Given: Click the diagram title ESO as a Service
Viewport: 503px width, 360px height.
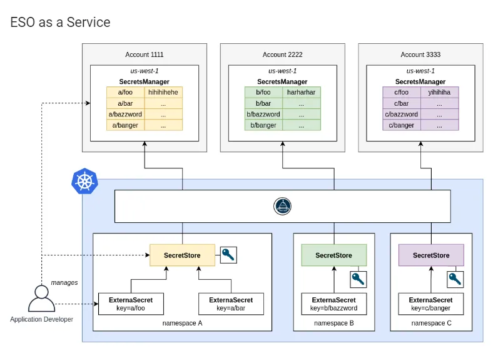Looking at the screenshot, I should point(60,23).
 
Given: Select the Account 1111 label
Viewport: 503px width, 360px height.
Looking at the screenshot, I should point(145,54).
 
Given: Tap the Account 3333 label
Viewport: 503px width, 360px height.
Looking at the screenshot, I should point(420,54).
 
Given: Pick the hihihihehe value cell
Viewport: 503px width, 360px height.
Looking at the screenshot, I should point(163,92).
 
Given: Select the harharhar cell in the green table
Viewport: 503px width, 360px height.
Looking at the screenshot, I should point(301,92).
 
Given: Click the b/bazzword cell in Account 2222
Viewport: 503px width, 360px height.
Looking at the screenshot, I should point(263,115).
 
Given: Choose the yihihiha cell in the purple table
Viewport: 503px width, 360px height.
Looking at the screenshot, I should point(439,92).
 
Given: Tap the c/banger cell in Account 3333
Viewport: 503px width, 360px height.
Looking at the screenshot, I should point(402,125).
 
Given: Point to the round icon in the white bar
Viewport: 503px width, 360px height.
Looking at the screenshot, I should point(283,206).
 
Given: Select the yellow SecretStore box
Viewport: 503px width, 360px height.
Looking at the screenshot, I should point(182,255).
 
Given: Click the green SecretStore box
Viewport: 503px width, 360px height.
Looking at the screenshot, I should point(333,255).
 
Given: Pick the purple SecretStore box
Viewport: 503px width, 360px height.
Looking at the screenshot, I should point(431,255).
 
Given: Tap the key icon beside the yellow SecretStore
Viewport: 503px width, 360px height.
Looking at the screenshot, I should point(228,255).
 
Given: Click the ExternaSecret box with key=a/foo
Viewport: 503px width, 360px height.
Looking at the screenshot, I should point(131,304).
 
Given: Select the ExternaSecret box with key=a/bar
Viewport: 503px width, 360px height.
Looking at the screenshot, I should point(231,304).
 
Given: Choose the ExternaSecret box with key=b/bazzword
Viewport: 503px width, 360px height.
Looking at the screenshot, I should point(333,304).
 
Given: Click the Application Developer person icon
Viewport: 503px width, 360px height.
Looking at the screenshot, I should point(41,299).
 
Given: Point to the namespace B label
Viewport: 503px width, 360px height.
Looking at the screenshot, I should point(333,323).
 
